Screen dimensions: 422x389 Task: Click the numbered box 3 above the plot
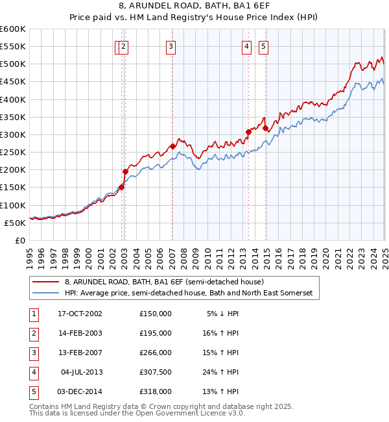[171, 46]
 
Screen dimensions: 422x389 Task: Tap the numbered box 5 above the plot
[264, 46]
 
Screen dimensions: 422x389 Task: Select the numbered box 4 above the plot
[247, 46]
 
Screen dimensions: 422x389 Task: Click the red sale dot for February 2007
[172, 147]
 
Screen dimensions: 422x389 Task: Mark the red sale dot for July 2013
[248, 132]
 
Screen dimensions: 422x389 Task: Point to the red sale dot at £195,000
[125, 171]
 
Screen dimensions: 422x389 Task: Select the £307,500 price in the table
[155, 372]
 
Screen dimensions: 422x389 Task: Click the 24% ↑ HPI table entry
[222, 372]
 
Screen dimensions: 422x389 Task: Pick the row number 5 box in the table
[33, 391]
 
